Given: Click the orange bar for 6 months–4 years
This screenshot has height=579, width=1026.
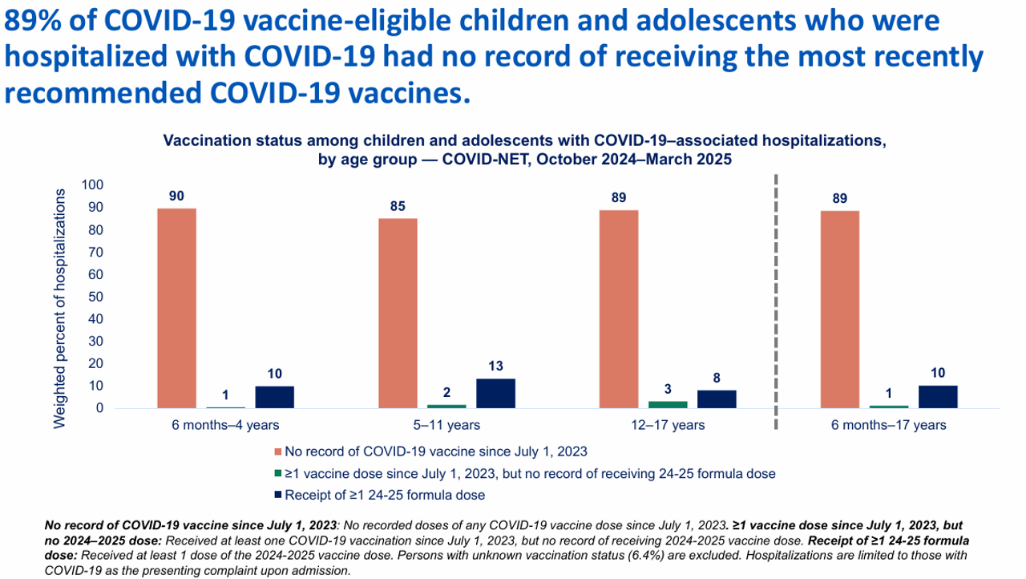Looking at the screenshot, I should click(x=176, y=308).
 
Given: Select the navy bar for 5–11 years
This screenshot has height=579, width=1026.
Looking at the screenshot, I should click(x=495, y=393).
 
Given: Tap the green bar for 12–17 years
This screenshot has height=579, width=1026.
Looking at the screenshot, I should click(x=667, y=404).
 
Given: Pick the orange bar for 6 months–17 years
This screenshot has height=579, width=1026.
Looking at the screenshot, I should click(x=840, y=309).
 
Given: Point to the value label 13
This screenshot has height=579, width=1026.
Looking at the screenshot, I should click(x=495, y=365).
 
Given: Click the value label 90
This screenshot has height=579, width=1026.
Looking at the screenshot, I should click(x=176, y=195).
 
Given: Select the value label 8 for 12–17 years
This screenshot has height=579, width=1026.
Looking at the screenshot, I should click(x=717, y=376).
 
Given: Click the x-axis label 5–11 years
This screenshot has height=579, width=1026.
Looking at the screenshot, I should click(x=446, y=425).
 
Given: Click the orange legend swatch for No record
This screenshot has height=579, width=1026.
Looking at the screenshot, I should click(x=279, y=451).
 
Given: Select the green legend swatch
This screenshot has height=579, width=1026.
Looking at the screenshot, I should click(x=279, y=473).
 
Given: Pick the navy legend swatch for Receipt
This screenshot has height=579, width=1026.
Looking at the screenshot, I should click(x=279, y=495).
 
